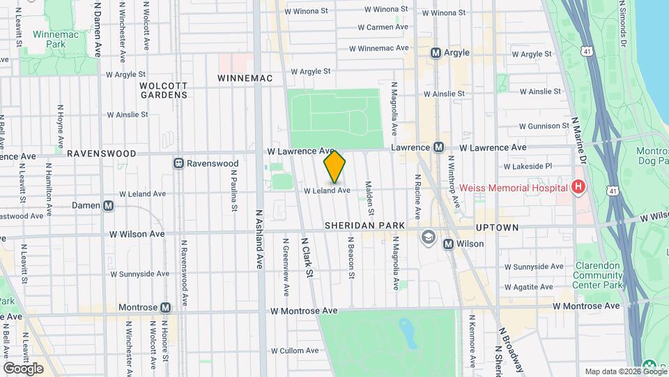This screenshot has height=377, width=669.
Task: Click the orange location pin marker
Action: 335,168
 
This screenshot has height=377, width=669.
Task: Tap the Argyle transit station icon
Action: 436,52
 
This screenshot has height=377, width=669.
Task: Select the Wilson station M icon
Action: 448,244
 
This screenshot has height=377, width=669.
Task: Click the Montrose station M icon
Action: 165,307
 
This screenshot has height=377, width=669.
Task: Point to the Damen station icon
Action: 108,206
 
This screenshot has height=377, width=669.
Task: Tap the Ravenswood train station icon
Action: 179,163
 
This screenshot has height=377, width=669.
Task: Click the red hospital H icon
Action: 577,186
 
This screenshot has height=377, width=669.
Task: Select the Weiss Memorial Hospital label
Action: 520,186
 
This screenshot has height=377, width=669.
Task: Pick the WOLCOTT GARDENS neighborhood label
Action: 164,90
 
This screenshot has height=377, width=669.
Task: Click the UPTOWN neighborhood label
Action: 497,228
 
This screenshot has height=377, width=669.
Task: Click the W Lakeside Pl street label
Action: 527,166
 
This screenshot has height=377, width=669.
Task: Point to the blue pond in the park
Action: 407,334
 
